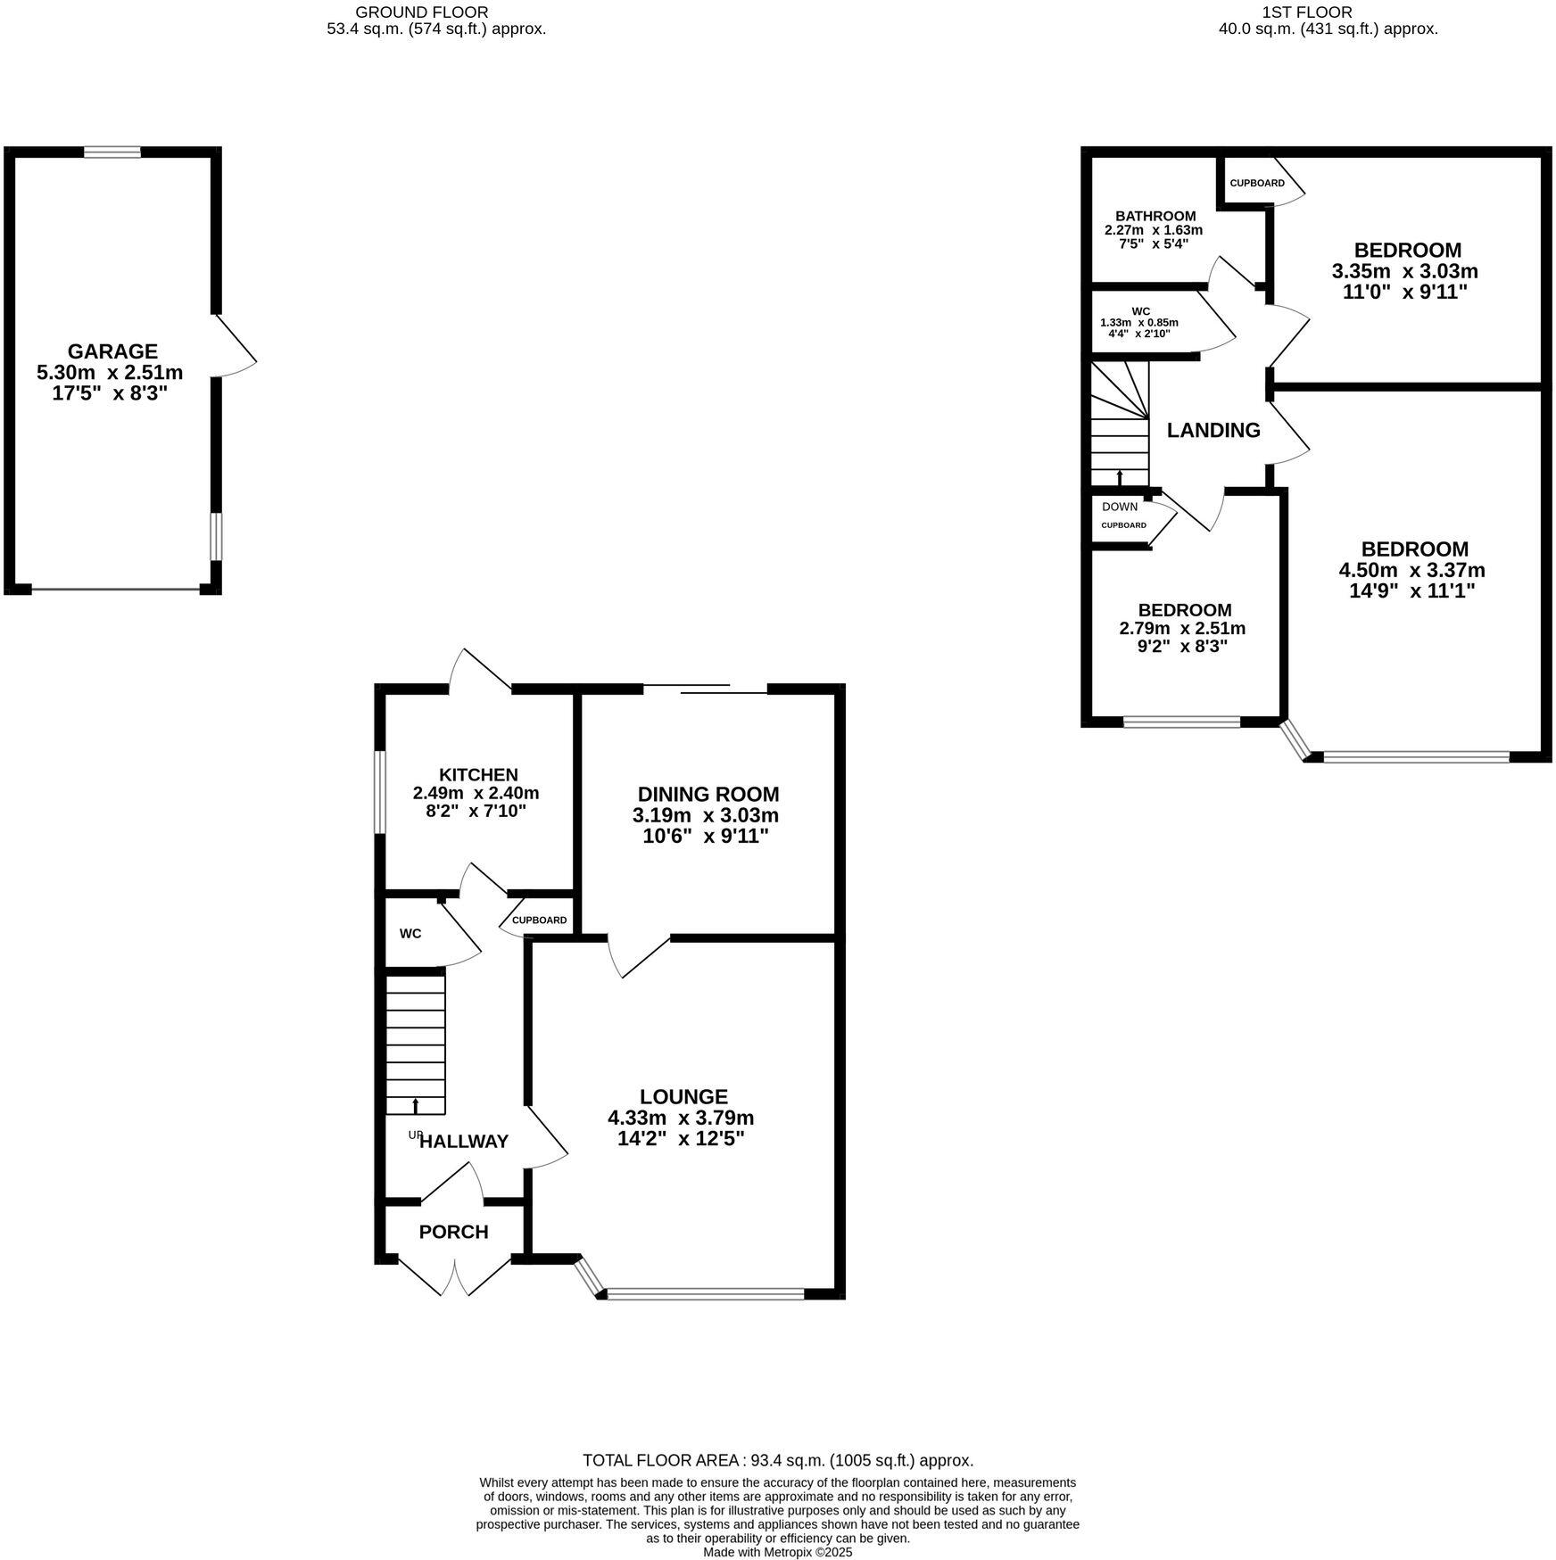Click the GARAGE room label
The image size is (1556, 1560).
pos(112,351)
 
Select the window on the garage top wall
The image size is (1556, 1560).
pos(112,153)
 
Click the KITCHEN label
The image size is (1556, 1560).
pos(478,774)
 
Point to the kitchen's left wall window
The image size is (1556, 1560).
pos(379,792)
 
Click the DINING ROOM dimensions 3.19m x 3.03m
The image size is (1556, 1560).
pos(706,815)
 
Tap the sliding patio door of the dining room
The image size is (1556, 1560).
pos(705,688)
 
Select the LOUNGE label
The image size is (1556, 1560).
pos(683,1096)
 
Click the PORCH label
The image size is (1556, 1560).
pos(453,1232)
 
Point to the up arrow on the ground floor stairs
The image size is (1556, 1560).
pos(416,1106)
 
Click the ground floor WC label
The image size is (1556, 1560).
pos(410,934)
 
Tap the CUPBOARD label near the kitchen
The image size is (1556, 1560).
pos(539,920)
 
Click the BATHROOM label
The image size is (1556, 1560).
pos(1155,216)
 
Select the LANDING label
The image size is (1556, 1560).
pos(1213,430)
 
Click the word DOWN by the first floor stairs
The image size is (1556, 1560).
pos(1120,507)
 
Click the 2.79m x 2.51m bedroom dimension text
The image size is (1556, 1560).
pos(1182,628)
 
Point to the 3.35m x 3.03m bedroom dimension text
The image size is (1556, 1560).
pos(1405,271)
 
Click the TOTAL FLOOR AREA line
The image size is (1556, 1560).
pos(777,1460)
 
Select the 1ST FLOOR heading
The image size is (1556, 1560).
pos(1320,12)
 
